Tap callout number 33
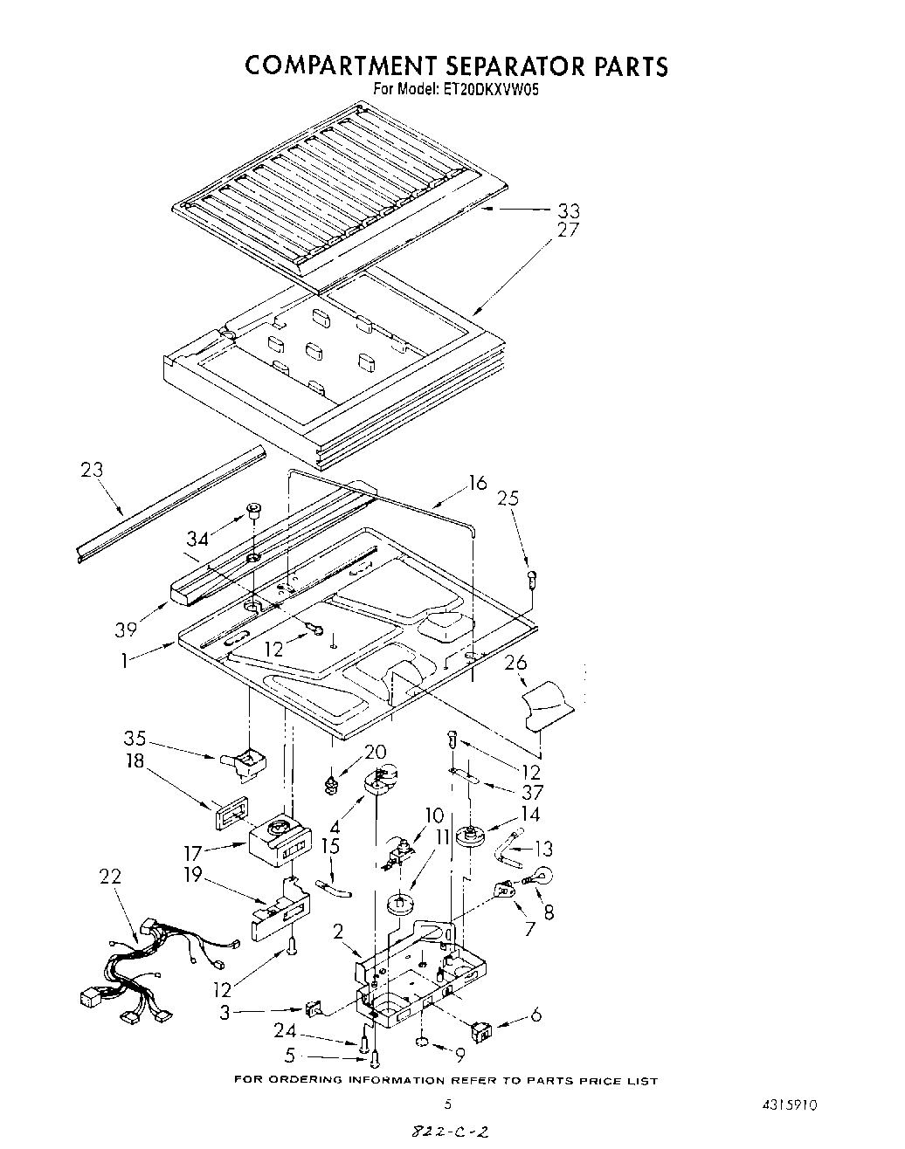(568, 210)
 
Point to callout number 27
(568, 230)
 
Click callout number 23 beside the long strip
(91, 470)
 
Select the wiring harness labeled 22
(149, 970)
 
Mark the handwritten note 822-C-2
(447, 1132)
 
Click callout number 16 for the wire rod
(477, 483)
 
